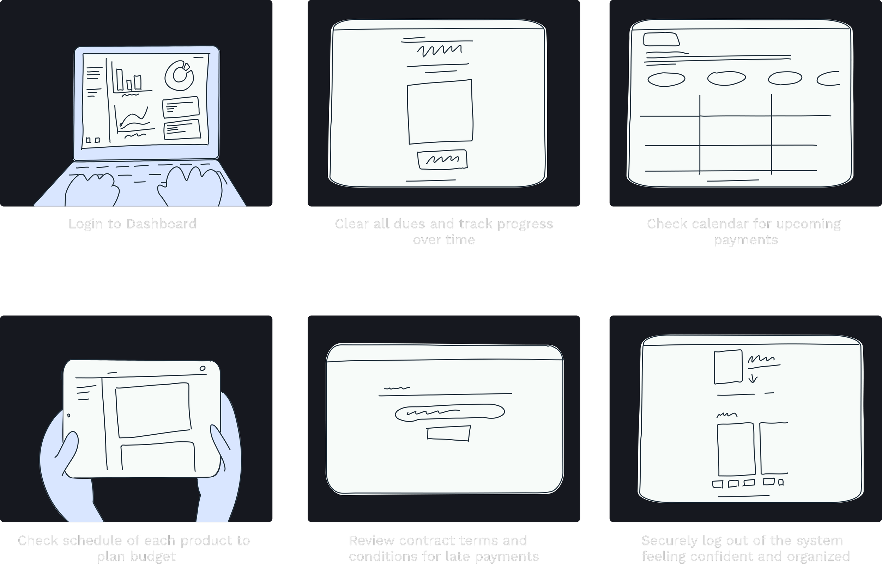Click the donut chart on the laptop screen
click(179, 76)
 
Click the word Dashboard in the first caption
click(161, 224)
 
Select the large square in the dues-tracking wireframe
click(440, 112)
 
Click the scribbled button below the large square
click(442, 160)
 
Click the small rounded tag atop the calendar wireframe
click(661, 39)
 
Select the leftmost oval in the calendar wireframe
click(666, 79)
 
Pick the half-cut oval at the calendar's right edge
click(829, 78)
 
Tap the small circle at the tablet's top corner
click(203, 368)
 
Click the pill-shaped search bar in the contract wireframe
click(449, 412)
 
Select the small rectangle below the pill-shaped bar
click(448, 433)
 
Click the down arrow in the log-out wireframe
click(753, 378)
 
